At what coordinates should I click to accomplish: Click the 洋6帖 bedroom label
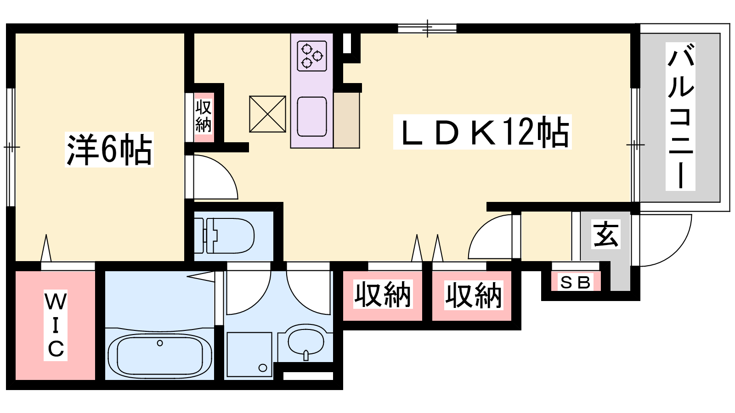click(x=109, y=150)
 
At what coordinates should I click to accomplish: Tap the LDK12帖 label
click(x=482, y=132)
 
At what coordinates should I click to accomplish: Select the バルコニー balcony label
click(x=680, y=117)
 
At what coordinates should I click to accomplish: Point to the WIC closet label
click(x=56, y=325)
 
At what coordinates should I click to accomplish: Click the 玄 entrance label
click(x=606, y=234)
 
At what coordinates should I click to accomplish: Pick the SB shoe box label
click(x=576, y=282)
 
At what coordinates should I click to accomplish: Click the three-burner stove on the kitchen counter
click(x=312, y=56)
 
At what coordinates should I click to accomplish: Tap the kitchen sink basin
click(x=312, y=117)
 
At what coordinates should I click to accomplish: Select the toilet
click(x=224, y=236)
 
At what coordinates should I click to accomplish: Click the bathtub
click(x=160, y=356)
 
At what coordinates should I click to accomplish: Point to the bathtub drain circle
click(x=160, y=343)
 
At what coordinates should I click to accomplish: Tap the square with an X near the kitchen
click(x=267, y=114)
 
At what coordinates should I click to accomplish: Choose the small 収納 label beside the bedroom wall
click(x=204, y=117)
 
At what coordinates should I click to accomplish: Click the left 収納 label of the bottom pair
click(x=383, y=294)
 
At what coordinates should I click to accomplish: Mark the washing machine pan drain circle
click(x=262, y=368)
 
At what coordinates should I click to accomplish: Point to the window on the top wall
click(x=427, y=28)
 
